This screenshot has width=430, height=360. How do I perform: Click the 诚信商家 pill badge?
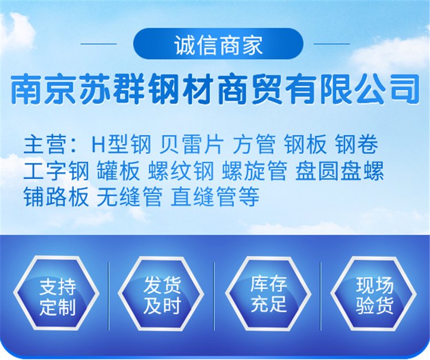(218, 44)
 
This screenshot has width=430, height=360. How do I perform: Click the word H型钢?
(121, 144)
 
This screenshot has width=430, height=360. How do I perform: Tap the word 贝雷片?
(191, 144)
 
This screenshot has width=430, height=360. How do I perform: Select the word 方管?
(254, 144)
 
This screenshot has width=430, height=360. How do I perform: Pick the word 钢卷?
(357, 144)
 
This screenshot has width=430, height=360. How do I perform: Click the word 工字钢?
(56, 170)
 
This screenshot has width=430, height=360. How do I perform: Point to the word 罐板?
(118, 170)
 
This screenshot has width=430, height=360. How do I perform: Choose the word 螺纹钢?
(181, 170)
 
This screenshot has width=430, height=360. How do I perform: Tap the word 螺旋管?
(255, 170)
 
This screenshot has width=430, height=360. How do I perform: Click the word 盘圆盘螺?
(339, 170)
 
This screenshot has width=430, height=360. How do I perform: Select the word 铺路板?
(56, 197)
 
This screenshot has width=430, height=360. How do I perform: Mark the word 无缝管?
(129, 197)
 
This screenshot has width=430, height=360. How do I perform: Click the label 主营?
(45, 144)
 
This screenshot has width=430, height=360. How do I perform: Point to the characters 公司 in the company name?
(386, 89)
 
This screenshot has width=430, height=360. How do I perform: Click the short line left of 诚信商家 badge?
(99, 44)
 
